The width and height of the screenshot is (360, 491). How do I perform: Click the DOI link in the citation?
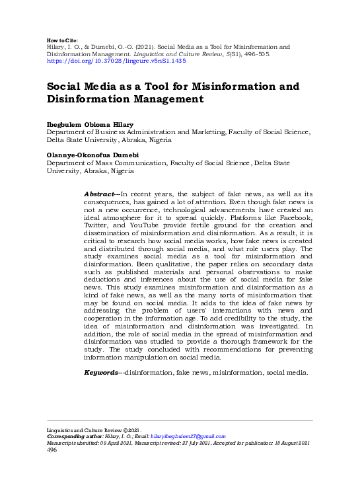pyautogui.click(x=116, y=60)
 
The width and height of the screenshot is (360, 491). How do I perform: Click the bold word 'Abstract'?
pyautogui.click(x=99, y=193)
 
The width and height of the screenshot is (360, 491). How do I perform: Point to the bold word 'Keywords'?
pyautogui.click(x=102, y=373)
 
